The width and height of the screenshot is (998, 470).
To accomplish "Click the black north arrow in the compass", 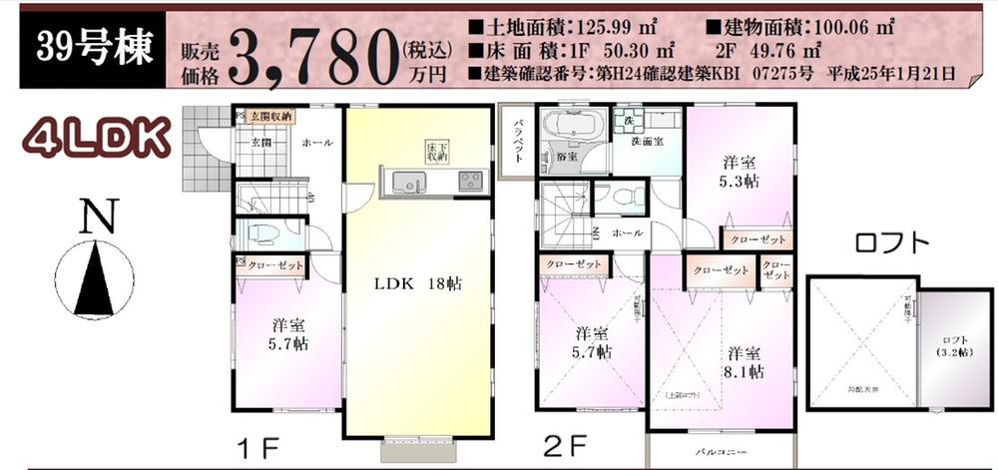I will (96, 281).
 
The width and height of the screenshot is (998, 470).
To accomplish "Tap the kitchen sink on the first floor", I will (407, 183).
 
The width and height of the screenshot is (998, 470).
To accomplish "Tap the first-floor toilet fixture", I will (261, 235).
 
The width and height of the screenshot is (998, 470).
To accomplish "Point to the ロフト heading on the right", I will (892, 242).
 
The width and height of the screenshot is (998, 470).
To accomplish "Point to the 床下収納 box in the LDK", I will (436, 151).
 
